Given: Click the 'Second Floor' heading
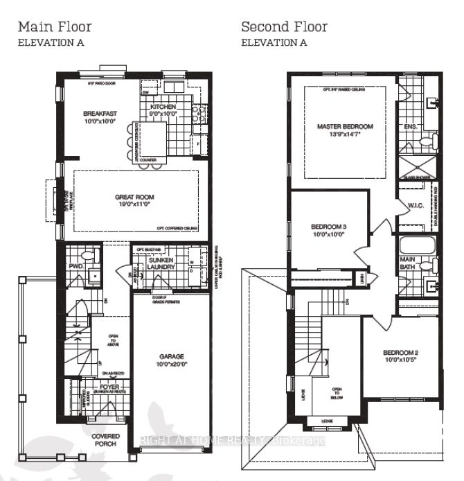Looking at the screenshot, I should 284,27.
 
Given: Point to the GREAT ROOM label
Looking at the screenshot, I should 135,198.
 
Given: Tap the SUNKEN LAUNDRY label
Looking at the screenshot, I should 161,262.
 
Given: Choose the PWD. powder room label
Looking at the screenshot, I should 76,266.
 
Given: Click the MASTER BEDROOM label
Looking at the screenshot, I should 345,127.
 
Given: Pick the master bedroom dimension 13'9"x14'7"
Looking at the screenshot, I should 345,134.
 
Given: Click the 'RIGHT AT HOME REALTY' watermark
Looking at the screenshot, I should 232,439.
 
